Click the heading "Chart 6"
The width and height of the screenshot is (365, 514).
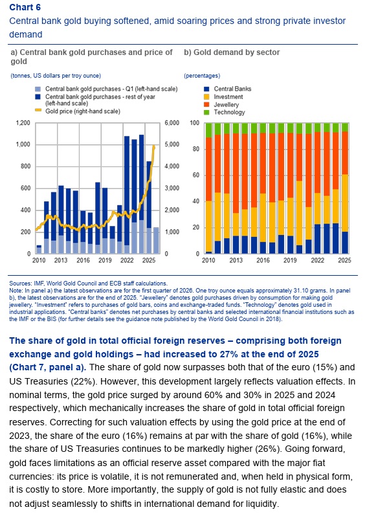[25, 7]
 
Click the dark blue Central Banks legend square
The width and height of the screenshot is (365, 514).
[206, 89]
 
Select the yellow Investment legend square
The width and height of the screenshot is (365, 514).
[206, 96]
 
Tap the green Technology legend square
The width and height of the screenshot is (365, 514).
[206, 113]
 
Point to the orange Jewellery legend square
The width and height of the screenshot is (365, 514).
[206, 105]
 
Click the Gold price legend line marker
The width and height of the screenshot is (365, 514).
[38, 111]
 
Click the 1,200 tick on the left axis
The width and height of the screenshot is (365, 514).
[23, 123]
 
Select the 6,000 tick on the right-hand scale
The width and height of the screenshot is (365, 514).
[171, 123]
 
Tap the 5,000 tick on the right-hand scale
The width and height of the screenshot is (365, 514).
[171, 144]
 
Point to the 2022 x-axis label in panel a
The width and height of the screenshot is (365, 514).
[127, 260]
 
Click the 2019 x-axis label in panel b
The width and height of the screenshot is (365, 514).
[290, 260]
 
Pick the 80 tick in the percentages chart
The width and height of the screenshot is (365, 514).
[195, 149]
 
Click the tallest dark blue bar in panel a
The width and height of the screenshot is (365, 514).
[142, 177]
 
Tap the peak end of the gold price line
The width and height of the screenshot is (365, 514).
[154, 146]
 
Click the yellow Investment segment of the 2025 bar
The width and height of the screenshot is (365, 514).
[344, 203]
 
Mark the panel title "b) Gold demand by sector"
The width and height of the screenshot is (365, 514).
[232, 52]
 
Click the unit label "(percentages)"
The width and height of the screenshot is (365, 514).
[202, 76]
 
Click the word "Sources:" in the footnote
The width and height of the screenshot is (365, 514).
[20, 284]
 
